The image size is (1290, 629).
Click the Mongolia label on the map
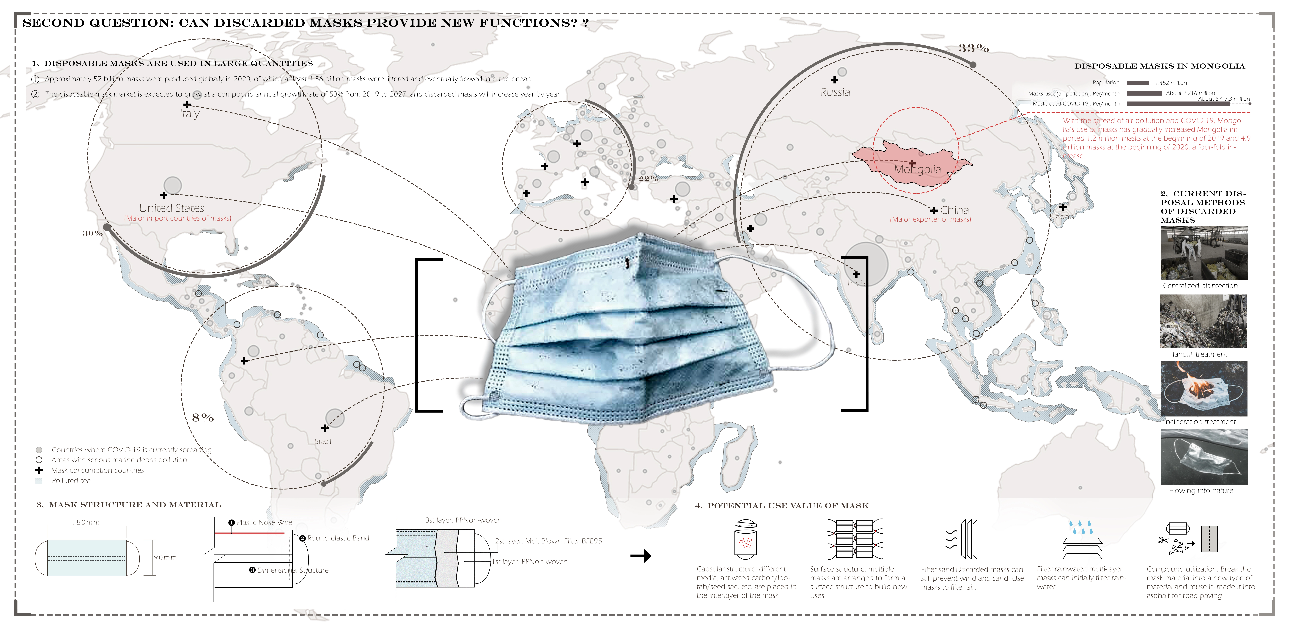tap(917, 170)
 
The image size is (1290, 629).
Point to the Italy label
tap(189, 114)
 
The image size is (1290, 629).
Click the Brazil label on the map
tap(322, 441)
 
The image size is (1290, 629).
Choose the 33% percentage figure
tap(973, 49)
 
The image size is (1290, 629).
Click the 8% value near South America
tap(203, 417)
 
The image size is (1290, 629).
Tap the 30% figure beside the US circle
tap(93, 233)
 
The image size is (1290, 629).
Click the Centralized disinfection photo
tap(1203, 253)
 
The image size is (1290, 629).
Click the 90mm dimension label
tap(165, 557)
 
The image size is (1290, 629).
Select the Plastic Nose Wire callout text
tap(264, 522)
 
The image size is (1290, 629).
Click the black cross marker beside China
tap(933, 211)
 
